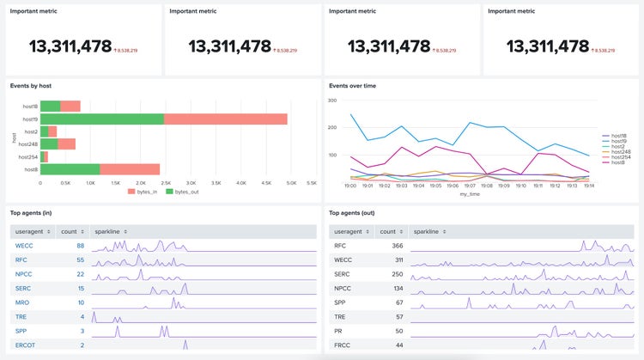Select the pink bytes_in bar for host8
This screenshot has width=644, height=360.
point(130,168)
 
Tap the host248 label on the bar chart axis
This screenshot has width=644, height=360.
point(29,143)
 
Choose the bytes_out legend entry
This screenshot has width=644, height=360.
point(179,191)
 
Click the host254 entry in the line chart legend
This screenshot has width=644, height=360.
point(618,157)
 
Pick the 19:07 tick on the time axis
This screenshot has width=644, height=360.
point(469,185)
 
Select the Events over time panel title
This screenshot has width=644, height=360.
point(352,86)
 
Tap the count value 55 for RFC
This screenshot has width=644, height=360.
point(79,259)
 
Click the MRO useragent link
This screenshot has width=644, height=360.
point(23,302)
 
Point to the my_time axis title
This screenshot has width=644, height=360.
point(469,194)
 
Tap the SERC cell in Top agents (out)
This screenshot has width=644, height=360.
point(342,274)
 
